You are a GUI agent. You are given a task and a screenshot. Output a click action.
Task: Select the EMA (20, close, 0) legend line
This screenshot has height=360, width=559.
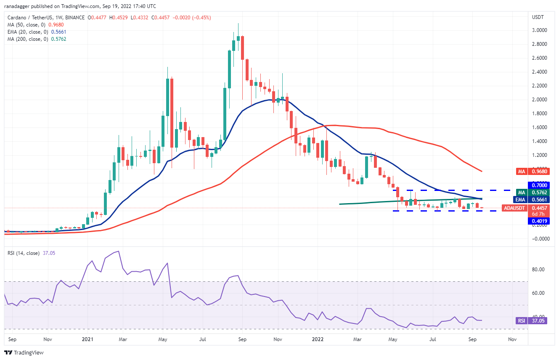(37, 32)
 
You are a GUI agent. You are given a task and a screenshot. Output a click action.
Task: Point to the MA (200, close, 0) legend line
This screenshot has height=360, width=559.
(37, 39)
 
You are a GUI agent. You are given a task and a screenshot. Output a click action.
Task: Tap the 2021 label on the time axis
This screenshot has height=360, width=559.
(87, 339)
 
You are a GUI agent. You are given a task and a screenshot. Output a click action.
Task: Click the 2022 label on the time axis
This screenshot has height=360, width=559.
(320, 339)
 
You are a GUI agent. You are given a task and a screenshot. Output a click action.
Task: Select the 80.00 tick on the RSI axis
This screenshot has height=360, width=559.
(540, 270)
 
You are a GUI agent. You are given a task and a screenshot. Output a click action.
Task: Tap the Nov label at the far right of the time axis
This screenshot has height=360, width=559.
(512, 339)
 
